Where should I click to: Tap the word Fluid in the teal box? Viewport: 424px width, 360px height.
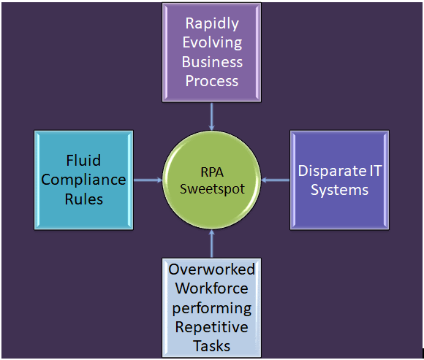coord(83,160)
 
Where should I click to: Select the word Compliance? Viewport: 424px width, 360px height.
coord(83,180)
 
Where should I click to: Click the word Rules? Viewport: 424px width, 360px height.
coord(83,199)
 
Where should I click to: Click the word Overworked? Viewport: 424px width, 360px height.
coord(212,269)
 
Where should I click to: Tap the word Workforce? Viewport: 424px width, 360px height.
coord(212,288)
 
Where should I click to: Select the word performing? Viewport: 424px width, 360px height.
coord(212,307)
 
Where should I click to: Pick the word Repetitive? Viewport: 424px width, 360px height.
coord(212,326)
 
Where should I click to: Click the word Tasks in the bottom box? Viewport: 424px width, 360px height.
coord(212,345)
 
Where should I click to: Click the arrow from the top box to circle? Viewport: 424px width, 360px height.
coord(211,116)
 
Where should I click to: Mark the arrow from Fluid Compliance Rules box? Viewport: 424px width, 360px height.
coord(148,180)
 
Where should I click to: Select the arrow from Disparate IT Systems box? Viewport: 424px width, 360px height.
coord(276,180)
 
